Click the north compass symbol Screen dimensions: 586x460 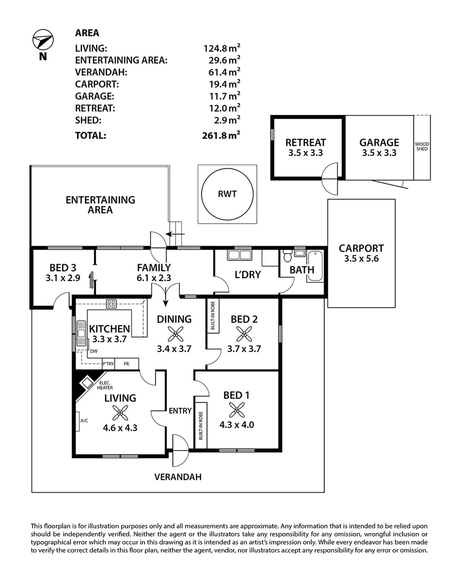pos(42,41)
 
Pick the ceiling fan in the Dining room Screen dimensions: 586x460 pos(174,334)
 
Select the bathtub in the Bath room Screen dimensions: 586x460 pos(315,266)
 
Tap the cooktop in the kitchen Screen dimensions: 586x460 pos(111,304)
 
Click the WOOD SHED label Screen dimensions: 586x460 pos(422,146)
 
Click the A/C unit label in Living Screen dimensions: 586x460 pos(84,421)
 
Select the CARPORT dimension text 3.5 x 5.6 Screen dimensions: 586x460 pos(361,259)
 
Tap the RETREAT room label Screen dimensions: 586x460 pos(306,143)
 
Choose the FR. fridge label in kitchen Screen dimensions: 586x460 pos(127,364)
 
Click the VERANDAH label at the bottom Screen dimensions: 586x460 pos(178,477)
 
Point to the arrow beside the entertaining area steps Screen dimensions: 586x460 pos(175,234)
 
